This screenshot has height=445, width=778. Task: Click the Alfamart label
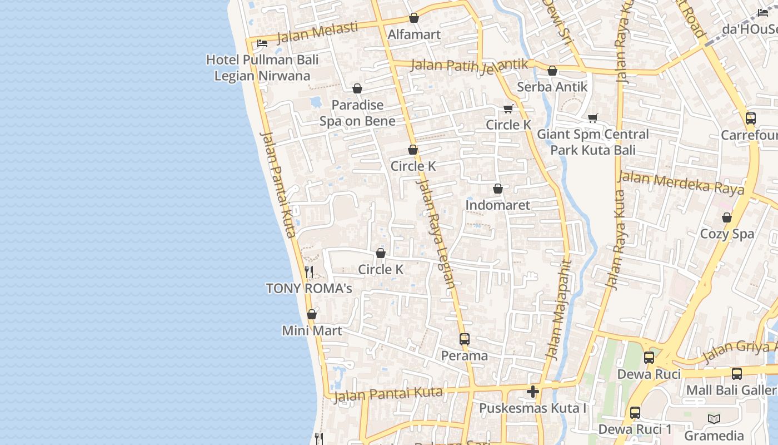pos(414,34)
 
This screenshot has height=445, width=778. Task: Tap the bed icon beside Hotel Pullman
pos(262,43)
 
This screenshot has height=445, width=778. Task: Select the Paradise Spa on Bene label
pos(357,113)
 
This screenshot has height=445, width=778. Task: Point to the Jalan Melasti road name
pos(317,32)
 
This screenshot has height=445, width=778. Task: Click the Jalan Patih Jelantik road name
pos(470,65)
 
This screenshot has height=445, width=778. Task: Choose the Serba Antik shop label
pos(552,87)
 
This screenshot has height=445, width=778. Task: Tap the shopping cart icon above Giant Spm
pos(592,118)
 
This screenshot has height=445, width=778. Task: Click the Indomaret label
pos(498,205)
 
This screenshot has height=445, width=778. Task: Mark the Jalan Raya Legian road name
pos(436,234)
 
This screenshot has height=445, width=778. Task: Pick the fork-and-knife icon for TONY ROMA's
pos(309,272)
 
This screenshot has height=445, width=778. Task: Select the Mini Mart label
pos(312,331)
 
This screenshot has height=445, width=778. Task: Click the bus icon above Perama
pos(465,339)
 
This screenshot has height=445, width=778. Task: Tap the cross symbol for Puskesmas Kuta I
pos(533,392)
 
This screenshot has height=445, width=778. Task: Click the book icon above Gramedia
pos(714,419)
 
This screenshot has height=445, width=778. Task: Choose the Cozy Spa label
pos(727,234)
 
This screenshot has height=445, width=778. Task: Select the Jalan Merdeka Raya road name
pos(681,183)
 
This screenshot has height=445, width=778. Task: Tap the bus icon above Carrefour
pos(751,118)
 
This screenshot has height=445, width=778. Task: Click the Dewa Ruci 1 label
pos(635,429)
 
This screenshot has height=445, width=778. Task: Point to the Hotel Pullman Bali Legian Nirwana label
pos(262,67)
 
